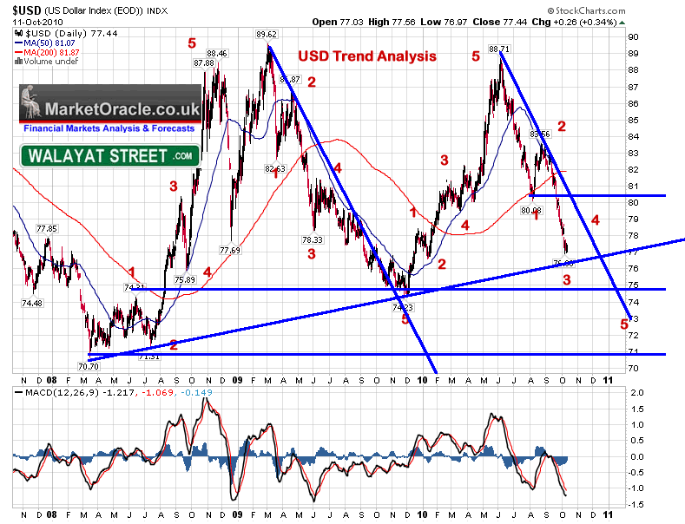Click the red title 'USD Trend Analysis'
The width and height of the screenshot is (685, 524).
point(366,56)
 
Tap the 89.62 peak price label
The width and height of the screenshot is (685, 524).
point(266,35)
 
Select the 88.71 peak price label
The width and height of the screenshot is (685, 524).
point(498,49)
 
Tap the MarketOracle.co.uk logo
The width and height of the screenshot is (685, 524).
point(110,110)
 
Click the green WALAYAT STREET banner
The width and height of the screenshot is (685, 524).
point(110,156)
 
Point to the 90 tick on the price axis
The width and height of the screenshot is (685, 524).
point(634,37)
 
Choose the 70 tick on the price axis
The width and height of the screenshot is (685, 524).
point(634,368)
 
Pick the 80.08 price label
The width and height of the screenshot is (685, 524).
point(531,210)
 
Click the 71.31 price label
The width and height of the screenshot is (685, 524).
point(149,357)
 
